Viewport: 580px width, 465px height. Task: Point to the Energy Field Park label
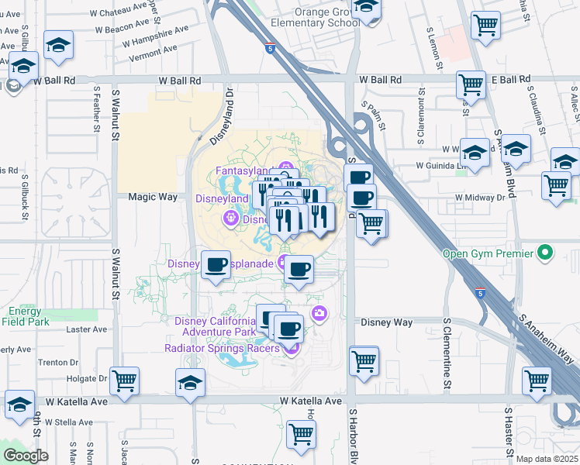click(25, 315)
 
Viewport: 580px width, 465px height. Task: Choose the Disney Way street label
click(386, 322)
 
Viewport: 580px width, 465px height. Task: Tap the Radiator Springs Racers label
click(222, 349)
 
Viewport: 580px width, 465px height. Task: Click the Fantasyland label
click(241, 170)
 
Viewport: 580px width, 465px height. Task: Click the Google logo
click(25, 456)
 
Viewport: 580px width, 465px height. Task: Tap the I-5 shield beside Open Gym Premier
click(481, 294)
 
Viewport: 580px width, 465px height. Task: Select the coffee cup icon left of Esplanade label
click(216, 265)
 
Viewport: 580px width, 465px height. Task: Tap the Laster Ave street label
click(81, 329)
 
